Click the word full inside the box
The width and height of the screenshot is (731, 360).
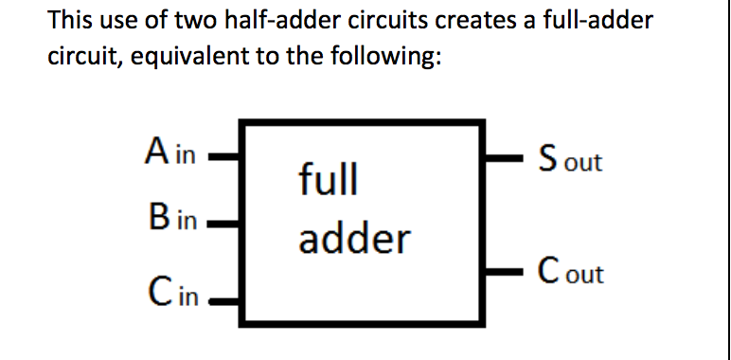pos(329,178)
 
